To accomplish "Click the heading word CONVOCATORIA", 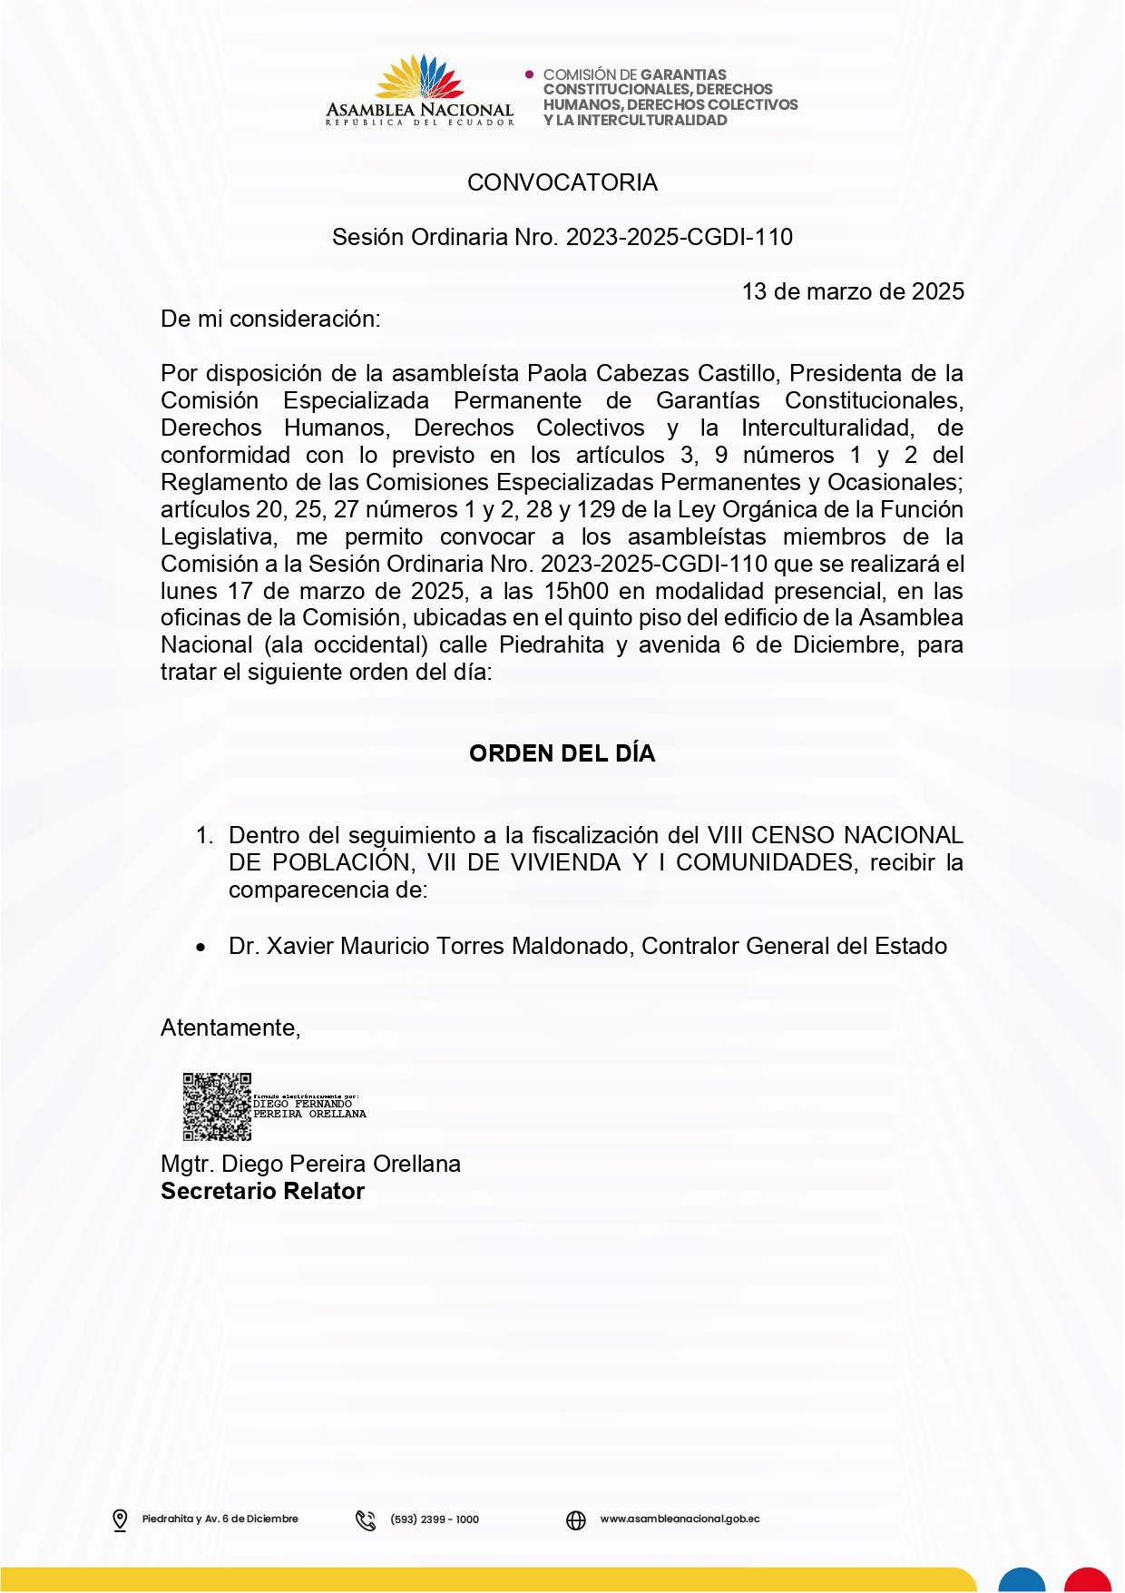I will click(x=562, y=182).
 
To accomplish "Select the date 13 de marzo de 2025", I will click(x=853, y=291).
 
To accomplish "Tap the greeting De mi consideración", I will click(x=270, y=319).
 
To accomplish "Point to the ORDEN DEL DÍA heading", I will click(x=562, y=753).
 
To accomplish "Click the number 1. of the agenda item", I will click(x=205, y=835).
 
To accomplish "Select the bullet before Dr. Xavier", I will click(x=201, y=948).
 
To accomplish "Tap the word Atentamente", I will click(x=230, y=1028).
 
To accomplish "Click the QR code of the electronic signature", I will click(x=217, y=1106).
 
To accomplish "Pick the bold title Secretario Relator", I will click(x=262, y=1191).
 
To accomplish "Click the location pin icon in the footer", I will click(x=120, y=1519).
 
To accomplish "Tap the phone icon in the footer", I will click(x=366, y=1519).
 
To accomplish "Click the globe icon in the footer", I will click(x=576, y=1519).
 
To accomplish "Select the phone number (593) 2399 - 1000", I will click(x=435, y=1519).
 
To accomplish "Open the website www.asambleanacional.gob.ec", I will click(x=680, y=1519).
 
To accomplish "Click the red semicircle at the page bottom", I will click(x=1087, y=1580).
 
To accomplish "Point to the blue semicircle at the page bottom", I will click(x=1022, y=1580).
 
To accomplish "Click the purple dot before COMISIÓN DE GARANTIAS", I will click(x=530, y=74).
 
